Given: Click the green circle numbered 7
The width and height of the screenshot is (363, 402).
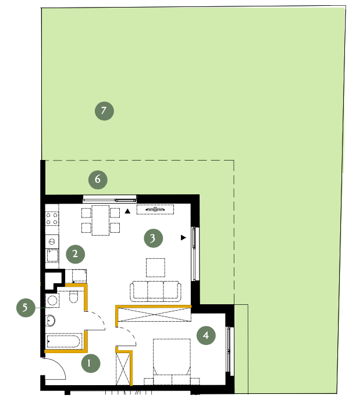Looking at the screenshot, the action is pos(104,111).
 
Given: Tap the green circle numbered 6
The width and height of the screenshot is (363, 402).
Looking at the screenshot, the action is pos(98,180).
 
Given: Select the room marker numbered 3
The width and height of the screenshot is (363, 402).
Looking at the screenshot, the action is pos(154,238).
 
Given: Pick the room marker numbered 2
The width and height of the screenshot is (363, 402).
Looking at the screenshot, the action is pos(76,254).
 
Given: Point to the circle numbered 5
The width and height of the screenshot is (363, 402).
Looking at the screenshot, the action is pos(26,307).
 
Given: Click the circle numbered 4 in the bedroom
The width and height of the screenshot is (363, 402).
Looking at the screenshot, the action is pos(206,335).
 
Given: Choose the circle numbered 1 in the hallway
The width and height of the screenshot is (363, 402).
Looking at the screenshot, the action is pos(91,363).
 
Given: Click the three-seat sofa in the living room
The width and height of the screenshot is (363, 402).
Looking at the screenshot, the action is pos(155,291).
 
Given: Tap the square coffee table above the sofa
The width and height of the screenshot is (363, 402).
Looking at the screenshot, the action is pos(155,268).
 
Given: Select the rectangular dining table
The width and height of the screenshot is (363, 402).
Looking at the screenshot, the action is pos(101,220).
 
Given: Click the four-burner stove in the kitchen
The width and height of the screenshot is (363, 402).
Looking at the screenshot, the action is pos(52,219).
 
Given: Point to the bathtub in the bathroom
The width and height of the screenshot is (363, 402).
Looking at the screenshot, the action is pos(64,341).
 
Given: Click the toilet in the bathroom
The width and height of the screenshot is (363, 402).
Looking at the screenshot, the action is pos(73,297).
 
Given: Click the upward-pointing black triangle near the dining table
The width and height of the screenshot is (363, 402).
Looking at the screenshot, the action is pos(127,211).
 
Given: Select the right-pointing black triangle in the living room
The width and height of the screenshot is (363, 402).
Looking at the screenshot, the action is pos(183,238).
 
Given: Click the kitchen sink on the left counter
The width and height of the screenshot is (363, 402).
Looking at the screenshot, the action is pos(52,255).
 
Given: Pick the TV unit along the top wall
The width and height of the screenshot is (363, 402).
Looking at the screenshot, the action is pos(155,209).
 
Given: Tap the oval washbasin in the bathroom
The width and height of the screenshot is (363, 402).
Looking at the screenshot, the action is pos(51,321).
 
